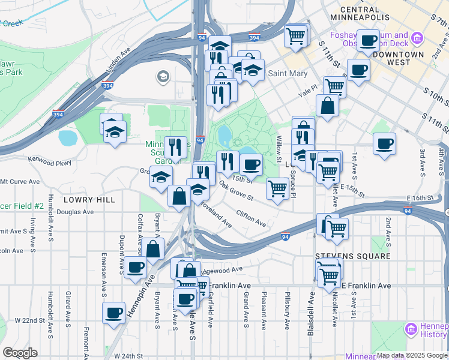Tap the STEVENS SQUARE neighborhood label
click(x=353, y=256)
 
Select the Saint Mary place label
click(x=288, y=74)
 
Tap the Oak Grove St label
click(x=236, y=191)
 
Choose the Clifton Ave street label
click(x=251, y=218)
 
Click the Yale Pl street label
click(x=309, y=94)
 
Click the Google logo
click(x=20, y=353)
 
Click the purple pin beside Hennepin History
click(x=411, y=329)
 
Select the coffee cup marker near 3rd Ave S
click(x=384, y=144)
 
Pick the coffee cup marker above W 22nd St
click(x=113, y=312)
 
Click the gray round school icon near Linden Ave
click(x=162, y=77)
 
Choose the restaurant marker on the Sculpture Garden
click(x=175, y=146)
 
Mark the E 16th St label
click(x=423, y=198)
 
